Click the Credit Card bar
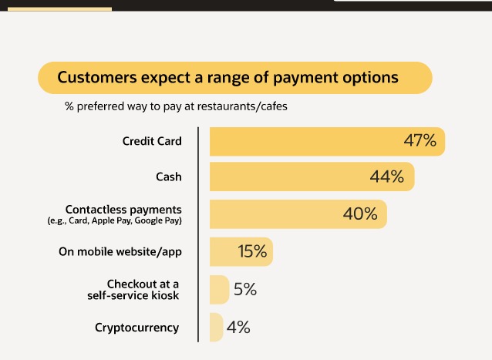(327, 141)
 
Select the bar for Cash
(312, 177)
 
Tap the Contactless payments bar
(298, 214)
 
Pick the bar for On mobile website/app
(241, 252)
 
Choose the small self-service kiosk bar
(219, 289)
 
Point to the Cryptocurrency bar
(216, 327)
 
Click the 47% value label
(420, 140)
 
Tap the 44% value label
(387, 177)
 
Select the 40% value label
(360, 214)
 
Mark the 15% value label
(252, 251)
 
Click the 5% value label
(245, 289)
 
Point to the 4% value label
(238, 327)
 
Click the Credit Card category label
(152, 141)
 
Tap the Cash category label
(169, 177)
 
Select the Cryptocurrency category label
(136, 328)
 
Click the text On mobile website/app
(120, 251)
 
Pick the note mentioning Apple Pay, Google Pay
(115, 220)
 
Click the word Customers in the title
(97, 77)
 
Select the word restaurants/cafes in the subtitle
(242, 106)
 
